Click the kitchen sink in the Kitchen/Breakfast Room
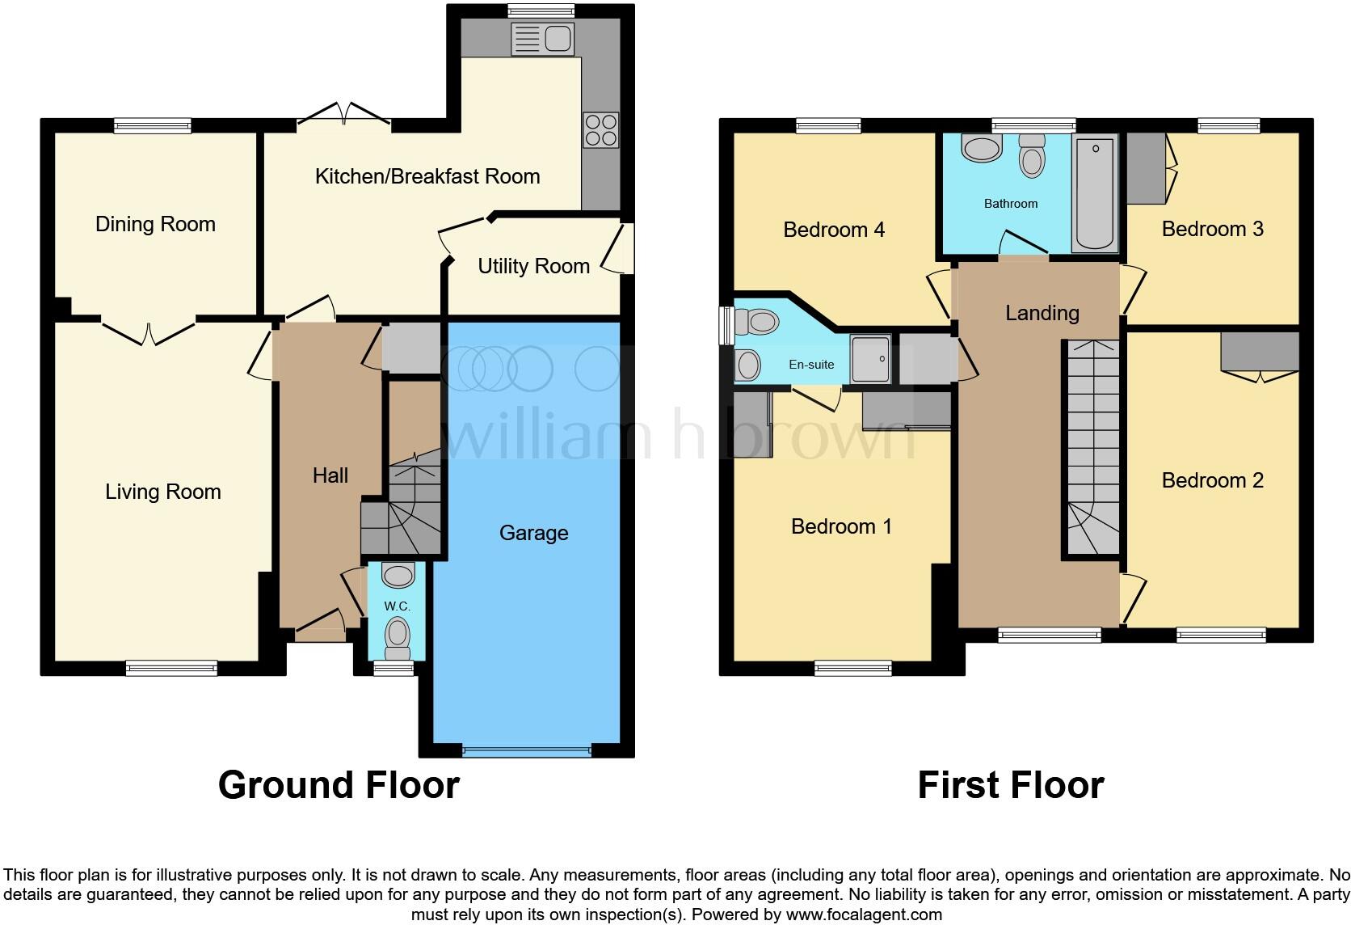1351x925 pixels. click(x=543, y=39)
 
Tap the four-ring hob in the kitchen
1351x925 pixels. click(x=600, y=130)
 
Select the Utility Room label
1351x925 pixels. click(x=533, y=266)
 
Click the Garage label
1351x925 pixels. click(x=533, y=533)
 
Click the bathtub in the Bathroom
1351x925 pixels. click(x=1095, y=193)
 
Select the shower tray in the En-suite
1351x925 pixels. click(x=870, y=357)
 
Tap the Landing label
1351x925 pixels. click(x=1042, y=313)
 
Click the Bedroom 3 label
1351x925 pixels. click(x=1212, y=229)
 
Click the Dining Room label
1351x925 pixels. click(x=155, y=224)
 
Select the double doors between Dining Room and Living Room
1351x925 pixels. click(x=149, y=331)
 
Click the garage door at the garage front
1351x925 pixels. click(x=526, y=750)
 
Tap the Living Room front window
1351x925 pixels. click(x=171, y=668)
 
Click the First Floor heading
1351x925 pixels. click(x=1010, y=785)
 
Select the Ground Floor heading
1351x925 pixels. click(x=339, y=785)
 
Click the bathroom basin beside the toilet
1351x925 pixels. click(x=982, y=149)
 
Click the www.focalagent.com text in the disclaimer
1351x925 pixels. click(x=864, y=914)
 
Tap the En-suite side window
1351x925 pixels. click(x=726, y=325)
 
